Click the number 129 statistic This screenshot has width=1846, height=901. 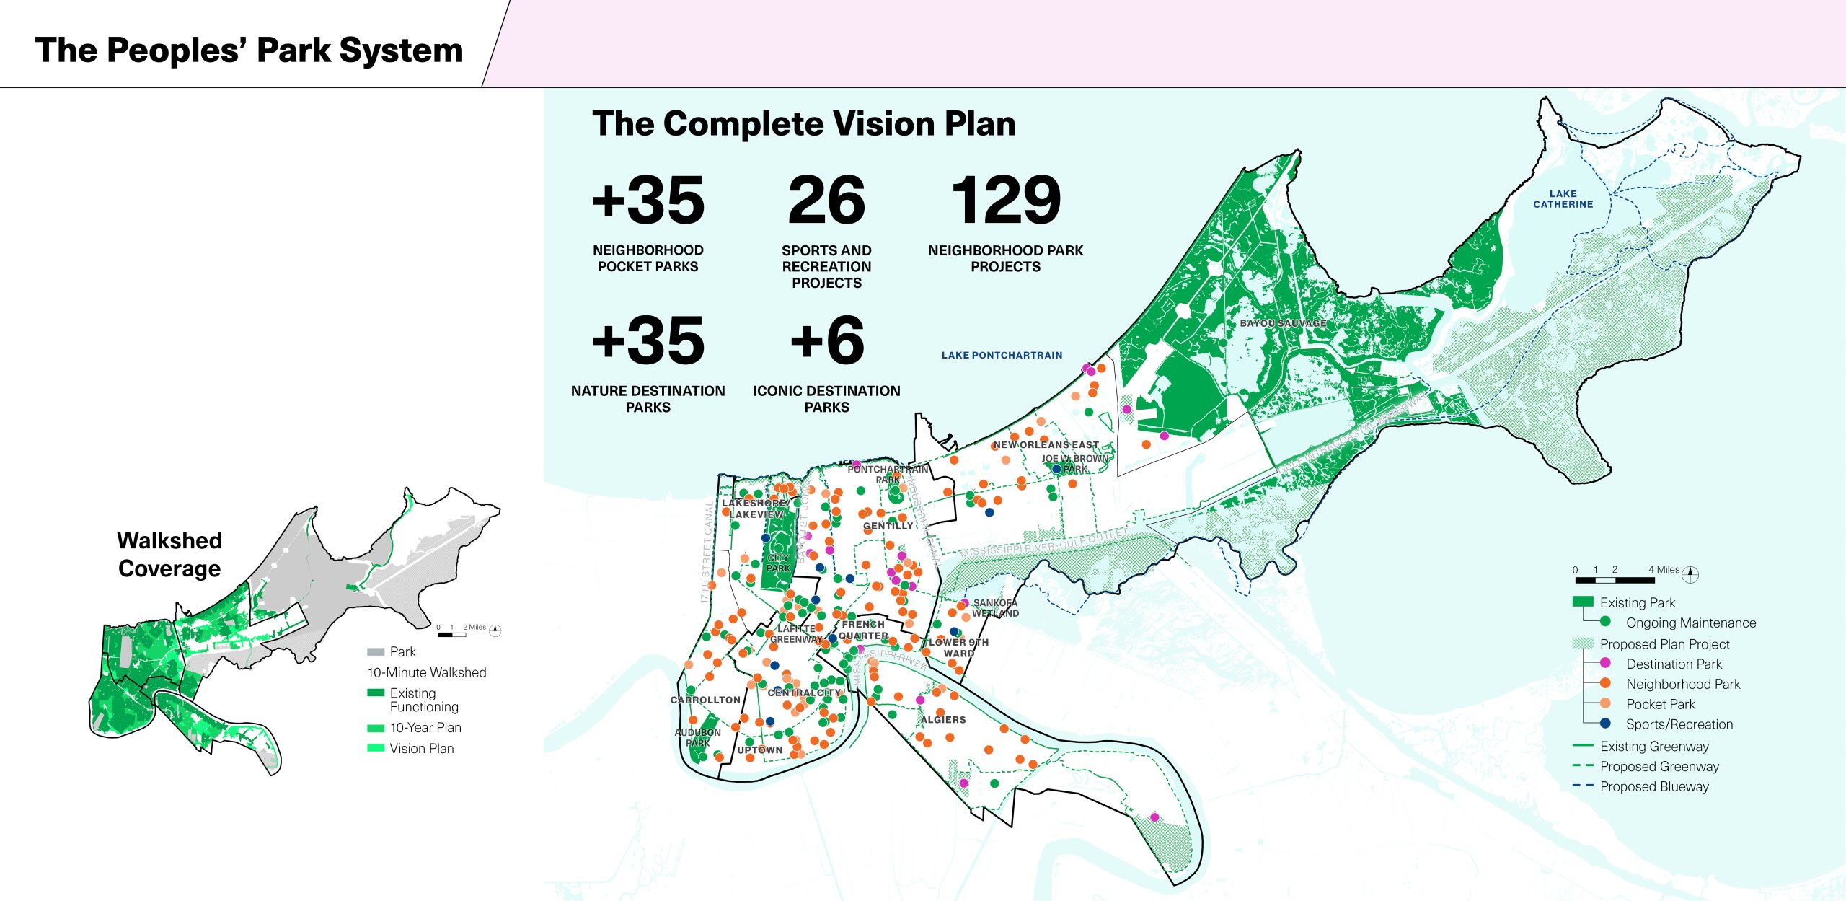point(1005,201)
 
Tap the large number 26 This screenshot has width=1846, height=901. point(826,201)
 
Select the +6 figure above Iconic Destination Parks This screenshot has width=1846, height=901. point(826,340)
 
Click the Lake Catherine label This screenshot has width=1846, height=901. point(1563,199)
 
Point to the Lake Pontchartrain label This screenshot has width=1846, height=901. point(1002,355)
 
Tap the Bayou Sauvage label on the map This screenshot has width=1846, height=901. point(1283,323)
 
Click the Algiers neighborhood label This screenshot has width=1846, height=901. point(942,719)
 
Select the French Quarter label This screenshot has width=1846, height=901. point(863,630)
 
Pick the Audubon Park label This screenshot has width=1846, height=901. point(697,737)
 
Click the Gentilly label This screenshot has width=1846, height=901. point(888,526)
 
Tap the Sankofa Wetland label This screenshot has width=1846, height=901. point(995,608)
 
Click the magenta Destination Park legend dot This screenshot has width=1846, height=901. point(1605,663)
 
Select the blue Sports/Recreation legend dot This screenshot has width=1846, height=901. point(1605,723)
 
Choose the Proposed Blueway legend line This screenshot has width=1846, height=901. point(1583,786)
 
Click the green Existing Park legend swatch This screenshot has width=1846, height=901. point(1582,602)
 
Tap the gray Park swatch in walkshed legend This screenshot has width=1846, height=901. point(375,651)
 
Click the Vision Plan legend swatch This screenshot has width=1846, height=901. point(375,748)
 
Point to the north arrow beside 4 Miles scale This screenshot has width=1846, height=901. point(1690,574)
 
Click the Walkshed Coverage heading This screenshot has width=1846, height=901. point(169,554)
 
